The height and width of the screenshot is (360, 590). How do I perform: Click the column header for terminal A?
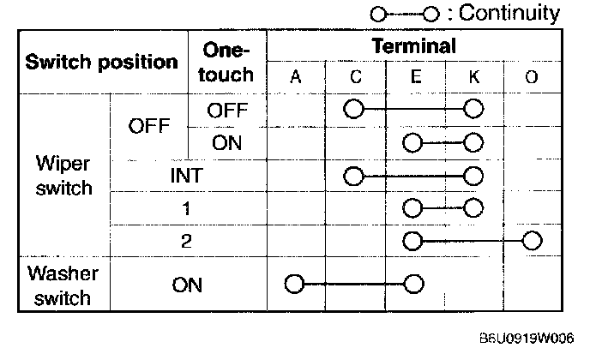[x=296, y=77]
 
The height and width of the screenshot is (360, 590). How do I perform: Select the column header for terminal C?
[x=355, y=77]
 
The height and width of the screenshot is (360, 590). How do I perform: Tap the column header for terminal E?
[x=415, y=77]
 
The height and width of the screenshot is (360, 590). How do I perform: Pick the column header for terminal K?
[x=473, y=77]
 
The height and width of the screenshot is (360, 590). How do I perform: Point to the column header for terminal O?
[x=532, y=77]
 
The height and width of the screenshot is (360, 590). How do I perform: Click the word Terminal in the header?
[x=413, y=45]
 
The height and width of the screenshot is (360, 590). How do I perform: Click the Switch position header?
[x=101, y=62]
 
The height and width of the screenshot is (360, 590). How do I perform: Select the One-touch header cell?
[x=226, y=62]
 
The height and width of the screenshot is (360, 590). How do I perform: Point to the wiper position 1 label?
[x=187, y=208]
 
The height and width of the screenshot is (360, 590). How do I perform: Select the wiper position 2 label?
[x=187, y=241]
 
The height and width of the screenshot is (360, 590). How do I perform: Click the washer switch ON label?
[x=187, y=285]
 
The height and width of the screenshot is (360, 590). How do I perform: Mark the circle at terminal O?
[x=533, y=240]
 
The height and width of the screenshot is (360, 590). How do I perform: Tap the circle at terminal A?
[x=295, y=284]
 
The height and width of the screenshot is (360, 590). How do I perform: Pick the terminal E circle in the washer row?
[x=414, y=284]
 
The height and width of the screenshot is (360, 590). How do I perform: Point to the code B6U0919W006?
[x=527, y=339]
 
